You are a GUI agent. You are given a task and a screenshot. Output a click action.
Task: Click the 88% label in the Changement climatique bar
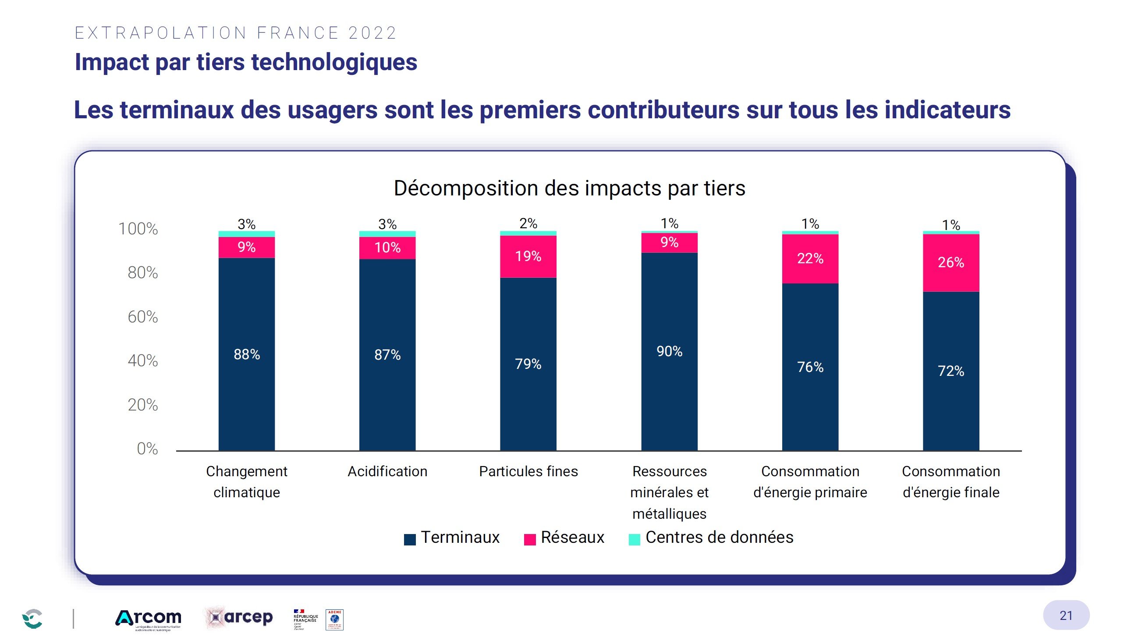click(246, 354)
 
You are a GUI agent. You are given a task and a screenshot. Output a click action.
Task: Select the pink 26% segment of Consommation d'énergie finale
click(950, 262)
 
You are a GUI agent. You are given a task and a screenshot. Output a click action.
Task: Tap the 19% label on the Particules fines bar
click(528, 256)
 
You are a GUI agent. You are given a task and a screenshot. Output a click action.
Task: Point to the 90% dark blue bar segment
click(669, 351)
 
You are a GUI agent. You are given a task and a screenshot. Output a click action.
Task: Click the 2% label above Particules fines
click(528, 223)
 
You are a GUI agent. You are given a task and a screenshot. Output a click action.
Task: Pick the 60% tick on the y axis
click(142, 317)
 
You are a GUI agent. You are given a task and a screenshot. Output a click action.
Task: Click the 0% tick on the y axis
click(147, 449)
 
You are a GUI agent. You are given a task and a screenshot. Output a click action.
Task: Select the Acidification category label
click(387, 471)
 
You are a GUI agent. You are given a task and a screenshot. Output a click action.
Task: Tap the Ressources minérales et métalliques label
click(669, 492)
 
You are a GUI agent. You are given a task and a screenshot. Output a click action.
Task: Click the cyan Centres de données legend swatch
click(634, 539)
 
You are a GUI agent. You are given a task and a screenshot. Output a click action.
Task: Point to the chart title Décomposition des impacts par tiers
click(569, 188)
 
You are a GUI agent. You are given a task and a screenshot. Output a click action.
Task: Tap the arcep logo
click(239, 617)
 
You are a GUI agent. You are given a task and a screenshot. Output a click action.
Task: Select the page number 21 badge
click(1065, 615)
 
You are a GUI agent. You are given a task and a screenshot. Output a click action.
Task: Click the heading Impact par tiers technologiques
click(245, 62)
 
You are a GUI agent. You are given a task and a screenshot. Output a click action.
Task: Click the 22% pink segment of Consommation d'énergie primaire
click(809, 258)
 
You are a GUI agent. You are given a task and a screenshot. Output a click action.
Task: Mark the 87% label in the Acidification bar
click(387, 354)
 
